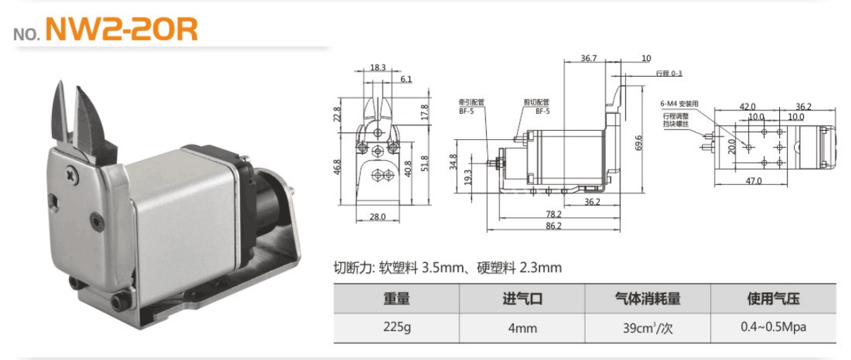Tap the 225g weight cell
[x=396, y=328]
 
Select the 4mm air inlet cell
[x=522, y=328]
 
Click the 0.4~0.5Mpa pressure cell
[x=773, y=328]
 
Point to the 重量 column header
[x=396, y=299]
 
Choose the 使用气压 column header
[x=773, y=299]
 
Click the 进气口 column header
[x=522, y=299]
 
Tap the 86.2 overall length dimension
[x=554, y=226]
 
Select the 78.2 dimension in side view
[x=554, y=214]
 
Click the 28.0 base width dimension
[x=378, y=217]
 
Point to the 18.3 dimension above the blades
[x=378, y=67]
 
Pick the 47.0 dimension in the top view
[x=753, y=181]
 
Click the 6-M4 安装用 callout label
[x=679, y=104]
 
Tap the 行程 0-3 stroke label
[x=669, y=73]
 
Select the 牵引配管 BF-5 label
[x=470, y=106]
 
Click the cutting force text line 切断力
[x=447, y=268]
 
